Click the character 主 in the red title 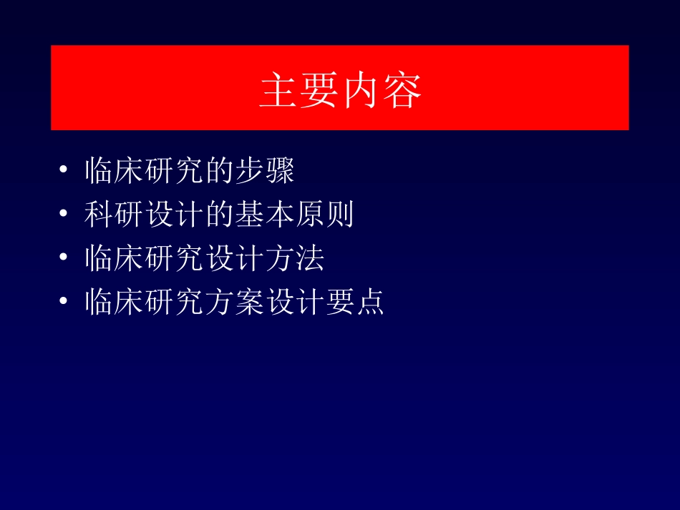pyautogui.click(x=279, y=91)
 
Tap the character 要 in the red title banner pyautogui.click(x=320, y=91)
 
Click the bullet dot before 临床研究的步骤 pyautogui.click(x=64, y=172)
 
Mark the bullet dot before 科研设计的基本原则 pyautogui.click(x=64, y=215)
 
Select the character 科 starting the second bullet pyautogui.click(x=99, y=215)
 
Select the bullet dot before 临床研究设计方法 pyautogui.click(x=64, y=258)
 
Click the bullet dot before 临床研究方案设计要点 pyautogui.click(x=64, y=302)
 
